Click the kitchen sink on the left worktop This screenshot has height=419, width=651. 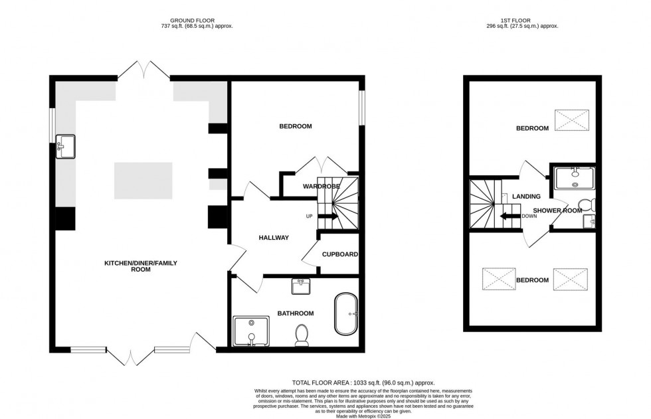point(66,145)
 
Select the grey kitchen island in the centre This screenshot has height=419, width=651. point(143,180)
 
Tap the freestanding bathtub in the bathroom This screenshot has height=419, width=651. point(345,313)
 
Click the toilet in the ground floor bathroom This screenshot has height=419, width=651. point(302,335)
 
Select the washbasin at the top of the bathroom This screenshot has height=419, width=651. point(301,286)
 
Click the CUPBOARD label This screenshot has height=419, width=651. point(340,254)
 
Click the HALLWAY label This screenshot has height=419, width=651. point(273,237)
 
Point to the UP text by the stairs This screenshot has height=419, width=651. point(309,216)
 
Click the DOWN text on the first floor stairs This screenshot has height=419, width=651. point(530,216)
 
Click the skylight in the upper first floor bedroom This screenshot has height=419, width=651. point(572,121)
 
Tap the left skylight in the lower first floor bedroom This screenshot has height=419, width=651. point(499,279)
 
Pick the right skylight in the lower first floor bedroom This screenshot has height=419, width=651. point(571,279)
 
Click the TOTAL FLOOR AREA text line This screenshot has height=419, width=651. point(363,383)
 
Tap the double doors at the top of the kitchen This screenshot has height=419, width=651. point(143,71)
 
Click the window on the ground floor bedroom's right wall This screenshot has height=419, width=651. point(363,106)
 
